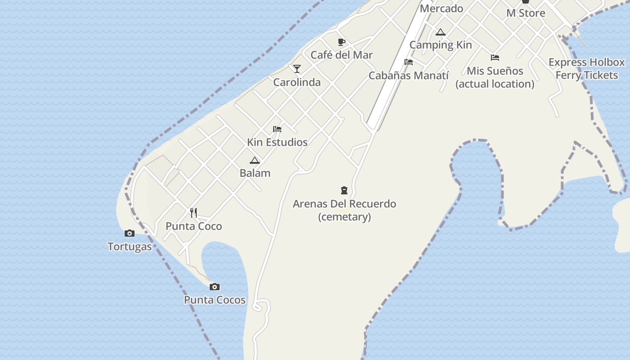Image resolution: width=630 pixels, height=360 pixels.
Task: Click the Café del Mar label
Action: pos(342,55)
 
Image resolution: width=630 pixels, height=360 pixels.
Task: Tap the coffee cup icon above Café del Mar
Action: pos(342,42)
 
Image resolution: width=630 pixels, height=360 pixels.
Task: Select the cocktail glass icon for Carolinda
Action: pos(297,69)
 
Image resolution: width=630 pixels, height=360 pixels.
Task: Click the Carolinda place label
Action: pos(297,82)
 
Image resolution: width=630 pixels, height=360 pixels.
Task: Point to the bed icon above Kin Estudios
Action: pos(277,129)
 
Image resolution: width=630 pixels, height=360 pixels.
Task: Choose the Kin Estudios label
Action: pos(277,142)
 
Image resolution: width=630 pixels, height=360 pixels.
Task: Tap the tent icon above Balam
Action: pos(255,160)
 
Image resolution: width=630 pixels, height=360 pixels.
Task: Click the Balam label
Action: pos(255,173)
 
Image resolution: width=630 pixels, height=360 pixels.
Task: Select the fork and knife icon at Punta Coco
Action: pos(193,213)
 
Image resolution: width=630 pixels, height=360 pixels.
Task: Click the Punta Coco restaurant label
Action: pos(193,226)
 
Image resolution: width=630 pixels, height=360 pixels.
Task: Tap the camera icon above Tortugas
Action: pos(130,233)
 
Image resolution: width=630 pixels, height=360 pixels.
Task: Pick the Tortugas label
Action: pos(130,247)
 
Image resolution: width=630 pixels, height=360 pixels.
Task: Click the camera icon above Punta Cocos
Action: pos(215,287)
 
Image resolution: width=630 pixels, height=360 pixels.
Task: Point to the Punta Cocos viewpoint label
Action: pos(215,300)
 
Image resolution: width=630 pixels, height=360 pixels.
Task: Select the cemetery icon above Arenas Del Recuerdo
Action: pos(344,190)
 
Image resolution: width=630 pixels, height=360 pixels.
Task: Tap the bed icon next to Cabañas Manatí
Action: pos(409,62)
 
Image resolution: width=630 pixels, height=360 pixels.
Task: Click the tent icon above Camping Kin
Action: pos(441,32)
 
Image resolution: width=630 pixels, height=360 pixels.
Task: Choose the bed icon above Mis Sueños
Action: pos(495,58)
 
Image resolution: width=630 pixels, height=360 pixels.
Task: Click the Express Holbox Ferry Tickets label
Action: pos(587,69)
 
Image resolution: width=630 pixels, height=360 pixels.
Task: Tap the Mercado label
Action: pos(441,9)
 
